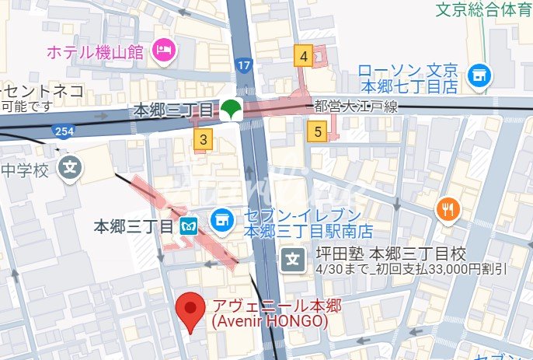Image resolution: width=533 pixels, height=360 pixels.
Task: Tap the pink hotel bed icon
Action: [164, 51]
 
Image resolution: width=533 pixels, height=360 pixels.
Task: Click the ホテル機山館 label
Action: [96, 53]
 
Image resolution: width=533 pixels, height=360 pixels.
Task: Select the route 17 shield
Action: [246, 66]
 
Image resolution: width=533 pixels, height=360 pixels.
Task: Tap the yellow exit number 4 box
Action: [304, 55]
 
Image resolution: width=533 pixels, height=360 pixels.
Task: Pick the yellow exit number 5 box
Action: [319, 132]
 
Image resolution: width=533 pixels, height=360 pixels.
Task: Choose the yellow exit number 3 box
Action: [204, 140]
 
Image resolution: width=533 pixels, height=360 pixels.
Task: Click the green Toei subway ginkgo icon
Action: [230, 110]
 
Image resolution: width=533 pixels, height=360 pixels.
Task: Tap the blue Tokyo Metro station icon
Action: [189, 226]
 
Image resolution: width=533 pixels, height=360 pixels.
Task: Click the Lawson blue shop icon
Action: [481, 75]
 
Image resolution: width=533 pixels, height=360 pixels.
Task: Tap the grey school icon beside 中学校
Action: [71, 166]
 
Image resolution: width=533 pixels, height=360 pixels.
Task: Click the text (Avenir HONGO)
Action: [270, 320]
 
